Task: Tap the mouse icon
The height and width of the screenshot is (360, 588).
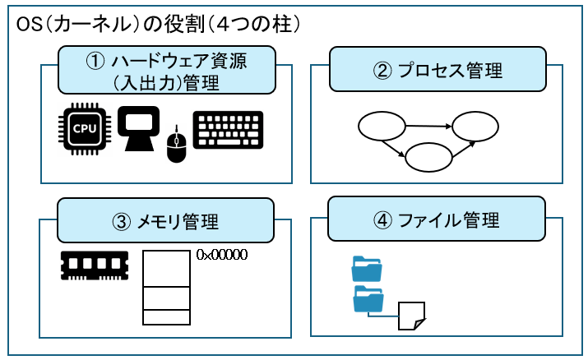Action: [x=175, y=145]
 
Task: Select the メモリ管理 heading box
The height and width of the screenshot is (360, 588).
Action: [x=166, y=220]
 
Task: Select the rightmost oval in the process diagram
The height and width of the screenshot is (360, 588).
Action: [x=475, y=127]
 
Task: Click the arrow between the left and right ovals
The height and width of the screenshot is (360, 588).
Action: [x=428, y=127]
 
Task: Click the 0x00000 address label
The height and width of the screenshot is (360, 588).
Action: [x=222, y=255]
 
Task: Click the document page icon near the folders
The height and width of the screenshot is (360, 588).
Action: [x=410, y=316]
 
